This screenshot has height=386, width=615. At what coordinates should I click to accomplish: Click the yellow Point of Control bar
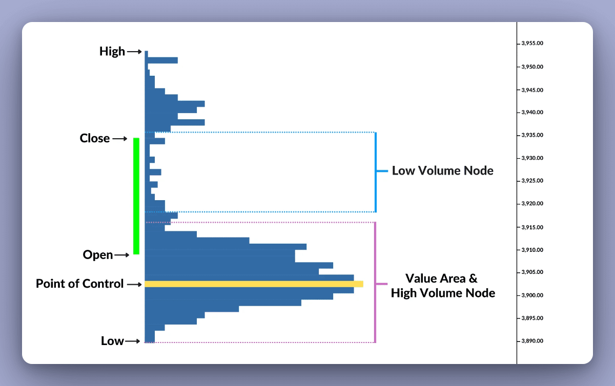[254, 284]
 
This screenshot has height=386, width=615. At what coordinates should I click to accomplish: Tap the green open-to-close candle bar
[136, 196]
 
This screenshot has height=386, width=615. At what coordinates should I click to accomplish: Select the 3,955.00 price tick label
[532, 44]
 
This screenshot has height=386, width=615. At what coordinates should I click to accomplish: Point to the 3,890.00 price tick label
[532, 341]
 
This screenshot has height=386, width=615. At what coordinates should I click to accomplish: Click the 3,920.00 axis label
[532, 204]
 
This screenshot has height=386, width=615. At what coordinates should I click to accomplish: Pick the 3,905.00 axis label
[532, 272]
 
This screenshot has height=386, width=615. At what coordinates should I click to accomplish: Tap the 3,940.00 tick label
[532, 112]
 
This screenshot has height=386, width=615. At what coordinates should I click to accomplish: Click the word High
[112, 51]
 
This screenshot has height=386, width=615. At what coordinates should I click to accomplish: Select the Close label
[95, 138]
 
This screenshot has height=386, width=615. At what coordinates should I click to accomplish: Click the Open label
[98, 255]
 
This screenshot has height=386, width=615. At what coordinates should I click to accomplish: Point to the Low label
[112, 341]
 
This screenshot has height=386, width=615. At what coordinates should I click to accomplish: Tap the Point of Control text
[80, 284]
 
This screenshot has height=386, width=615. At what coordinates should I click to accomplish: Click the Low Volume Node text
[443, 171]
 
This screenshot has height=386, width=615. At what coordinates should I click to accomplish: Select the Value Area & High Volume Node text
[443, 286]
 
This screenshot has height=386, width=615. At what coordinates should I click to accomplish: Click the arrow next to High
[134, 51]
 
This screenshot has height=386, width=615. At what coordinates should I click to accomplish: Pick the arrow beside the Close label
[119, 138]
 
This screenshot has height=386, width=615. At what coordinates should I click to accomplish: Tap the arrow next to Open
[122, 255]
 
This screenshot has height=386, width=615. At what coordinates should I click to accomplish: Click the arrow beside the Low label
[133, 341]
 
